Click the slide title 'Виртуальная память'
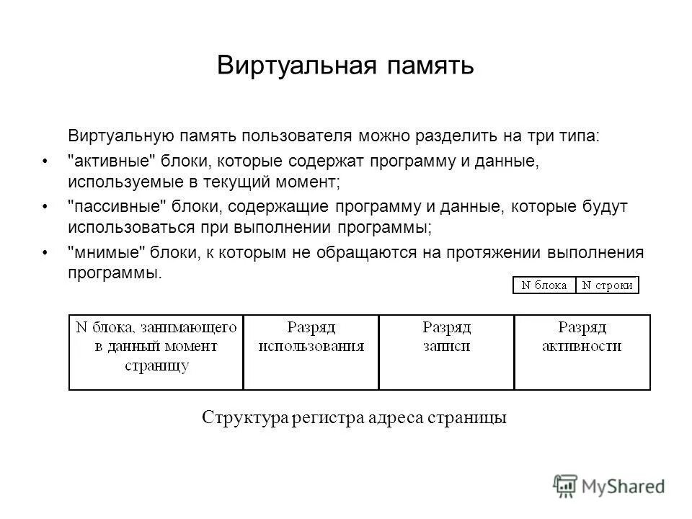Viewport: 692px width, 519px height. pos(345,66)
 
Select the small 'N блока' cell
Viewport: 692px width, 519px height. pos(544,285)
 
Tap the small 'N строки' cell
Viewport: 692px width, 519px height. pos(608,285)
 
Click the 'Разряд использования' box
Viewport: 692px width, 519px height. pos(311,352)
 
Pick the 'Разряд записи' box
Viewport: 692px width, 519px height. pos(446,352)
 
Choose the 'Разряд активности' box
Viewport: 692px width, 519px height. pos(582,352)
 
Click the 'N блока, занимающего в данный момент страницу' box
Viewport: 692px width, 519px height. pos(156,352)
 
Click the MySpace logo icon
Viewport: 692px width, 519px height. pos(566,484)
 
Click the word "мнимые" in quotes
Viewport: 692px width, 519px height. pos(102,252)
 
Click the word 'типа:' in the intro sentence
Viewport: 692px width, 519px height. pos(581,136)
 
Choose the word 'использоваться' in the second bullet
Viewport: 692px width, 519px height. pos(121,227)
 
